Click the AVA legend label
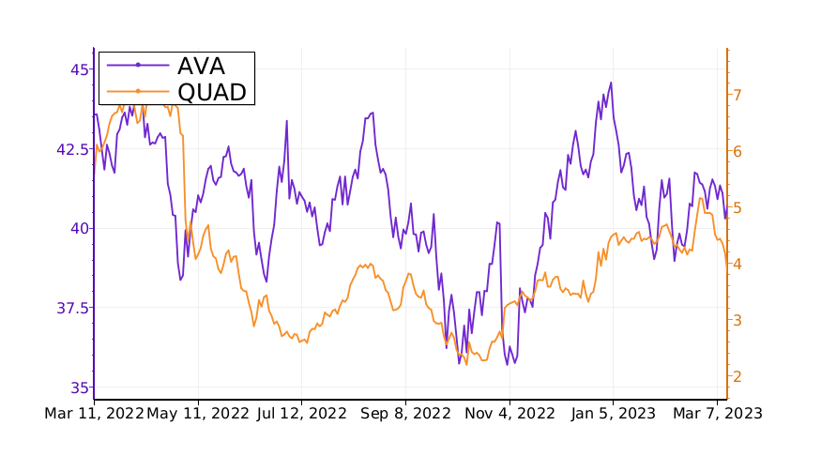point(201,65)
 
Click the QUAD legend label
point(212,91)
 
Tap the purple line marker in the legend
point(138,65)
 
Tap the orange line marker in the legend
point(138,91)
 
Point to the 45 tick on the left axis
point(80,69)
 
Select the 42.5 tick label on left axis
point(71,149)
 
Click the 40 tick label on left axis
point(80,228)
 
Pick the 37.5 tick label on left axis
point(71,308)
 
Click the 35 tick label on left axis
point(80,388)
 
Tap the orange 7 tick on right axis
point(738,95)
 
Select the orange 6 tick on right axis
point(738,151)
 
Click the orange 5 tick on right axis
point(738,207)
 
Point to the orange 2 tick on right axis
point(738,376)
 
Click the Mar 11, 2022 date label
point(94,413)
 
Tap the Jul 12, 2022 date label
point(302,413)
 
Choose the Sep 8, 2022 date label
point(406,413)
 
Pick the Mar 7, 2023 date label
point(717,413)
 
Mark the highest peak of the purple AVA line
point(611,83)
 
